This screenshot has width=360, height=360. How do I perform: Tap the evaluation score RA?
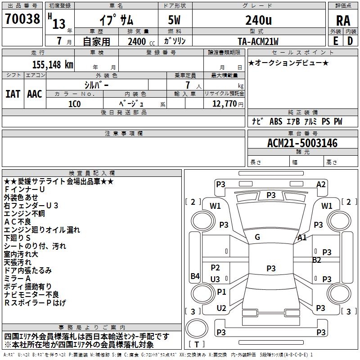(343, 20)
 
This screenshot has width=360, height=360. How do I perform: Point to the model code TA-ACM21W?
(258, 41)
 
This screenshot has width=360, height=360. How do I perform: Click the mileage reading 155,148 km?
(52, 64)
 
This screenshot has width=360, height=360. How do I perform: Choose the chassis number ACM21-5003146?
(302, 144)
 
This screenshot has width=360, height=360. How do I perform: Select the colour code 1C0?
(74, 103)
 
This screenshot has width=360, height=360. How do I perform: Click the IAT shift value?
(13, 94)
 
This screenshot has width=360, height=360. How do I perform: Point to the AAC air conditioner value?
(34, 94)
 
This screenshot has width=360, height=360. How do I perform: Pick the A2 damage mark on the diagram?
(321, 184)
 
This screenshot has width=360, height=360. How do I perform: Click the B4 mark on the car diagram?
(195, 276)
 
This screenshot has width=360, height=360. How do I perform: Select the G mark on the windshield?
(257, 237)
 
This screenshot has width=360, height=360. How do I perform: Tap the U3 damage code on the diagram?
(215, 279)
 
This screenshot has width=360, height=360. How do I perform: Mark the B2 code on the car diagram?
(317, 260)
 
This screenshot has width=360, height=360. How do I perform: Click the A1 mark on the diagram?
(302, 238)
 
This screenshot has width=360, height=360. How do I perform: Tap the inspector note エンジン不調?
(24, 213)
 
